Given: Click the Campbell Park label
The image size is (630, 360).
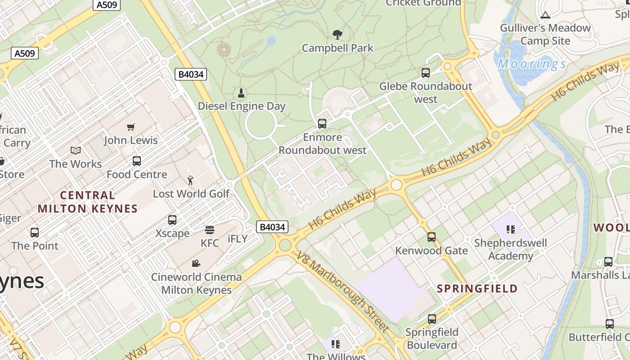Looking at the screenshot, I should [337, 48].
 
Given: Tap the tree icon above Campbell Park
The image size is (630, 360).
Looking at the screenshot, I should [337, 35].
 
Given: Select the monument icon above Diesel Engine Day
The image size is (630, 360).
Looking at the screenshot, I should [242, 93].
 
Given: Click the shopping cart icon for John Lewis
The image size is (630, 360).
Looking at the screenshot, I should [131, 127].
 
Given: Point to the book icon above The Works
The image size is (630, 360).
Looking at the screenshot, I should [76, 151].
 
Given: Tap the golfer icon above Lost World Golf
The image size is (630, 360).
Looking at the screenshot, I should [191, 181].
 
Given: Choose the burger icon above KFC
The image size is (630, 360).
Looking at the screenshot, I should [209, 230].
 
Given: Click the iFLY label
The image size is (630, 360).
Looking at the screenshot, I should [238, 239].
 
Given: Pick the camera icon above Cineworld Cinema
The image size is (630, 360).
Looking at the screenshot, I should [196, 264].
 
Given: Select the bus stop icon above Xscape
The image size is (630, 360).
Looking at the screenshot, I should [172, 220].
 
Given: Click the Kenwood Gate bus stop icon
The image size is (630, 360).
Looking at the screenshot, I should [432, 237].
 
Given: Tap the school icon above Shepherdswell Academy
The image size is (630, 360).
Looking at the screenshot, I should [511, 230].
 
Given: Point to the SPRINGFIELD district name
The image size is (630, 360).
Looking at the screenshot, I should [477, 288].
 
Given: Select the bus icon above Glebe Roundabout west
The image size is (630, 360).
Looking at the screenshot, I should [426, 73].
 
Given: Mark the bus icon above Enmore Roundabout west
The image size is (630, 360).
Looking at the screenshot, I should [322, 124].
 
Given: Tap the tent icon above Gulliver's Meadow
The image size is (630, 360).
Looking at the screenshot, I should [545, 15].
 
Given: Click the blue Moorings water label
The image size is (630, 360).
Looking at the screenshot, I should [532, 64].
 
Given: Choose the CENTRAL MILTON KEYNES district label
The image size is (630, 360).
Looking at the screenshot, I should [87, 202].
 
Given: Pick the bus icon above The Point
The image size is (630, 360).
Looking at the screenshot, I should [35, 233].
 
